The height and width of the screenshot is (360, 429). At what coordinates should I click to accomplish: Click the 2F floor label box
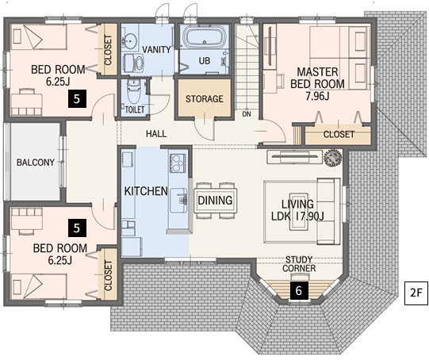[416, 293]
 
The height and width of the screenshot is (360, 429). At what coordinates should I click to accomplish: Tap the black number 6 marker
[299, 290]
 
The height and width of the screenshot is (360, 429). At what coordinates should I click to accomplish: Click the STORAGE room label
[205, 99]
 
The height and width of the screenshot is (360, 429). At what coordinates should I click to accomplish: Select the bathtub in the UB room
[205, 37]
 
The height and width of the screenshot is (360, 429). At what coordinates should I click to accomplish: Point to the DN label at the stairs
[247, 114]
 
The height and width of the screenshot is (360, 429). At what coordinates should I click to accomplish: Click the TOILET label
[135, 109]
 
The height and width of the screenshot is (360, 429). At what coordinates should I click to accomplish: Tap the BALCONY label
[36, 163]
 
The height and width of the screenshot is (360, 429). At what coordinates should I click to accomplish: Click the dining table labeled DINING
[216, 201]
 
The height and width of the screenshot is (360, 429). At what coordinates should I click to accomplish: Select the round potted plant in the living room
[333, 158]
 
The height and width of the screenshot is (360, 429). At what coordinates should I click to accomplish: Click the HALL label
[156, 134]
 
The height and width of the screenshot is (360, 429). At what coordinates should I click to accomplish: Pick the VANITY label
[156, 50]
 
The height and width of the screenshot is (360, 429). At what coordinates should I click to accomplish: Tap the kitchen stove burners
[178, 163]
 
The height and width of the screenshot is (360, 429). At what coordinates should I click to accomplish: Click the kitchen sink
[178, 201]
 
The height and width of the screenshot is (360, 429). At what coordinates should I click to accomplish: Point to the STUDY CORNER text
[299, 264]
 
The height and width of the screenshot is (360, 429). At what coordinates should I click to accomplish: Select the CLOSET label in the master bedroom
[339, 134]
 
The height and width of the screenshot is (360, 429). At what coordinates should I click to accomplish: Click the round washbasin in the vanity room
[130, 40]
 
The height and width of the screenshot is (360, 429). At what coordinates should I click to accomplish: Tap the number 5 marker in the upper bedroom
[77, 98]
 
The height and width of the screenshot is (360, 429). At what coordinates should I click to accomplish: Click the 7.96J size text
[317, 96]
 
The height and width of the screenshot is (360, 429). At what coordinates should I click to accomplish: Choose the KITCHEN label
[146, 191]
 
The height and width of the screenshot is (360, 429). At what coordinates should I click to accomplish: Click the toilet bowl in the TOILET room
[134, 90]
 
